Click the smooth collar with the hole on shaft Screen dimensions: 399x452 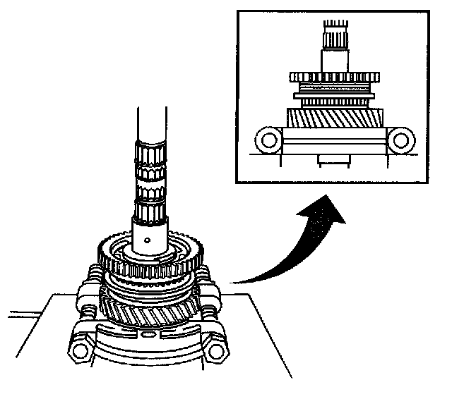pyautogui.click(x=150, y=233)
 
